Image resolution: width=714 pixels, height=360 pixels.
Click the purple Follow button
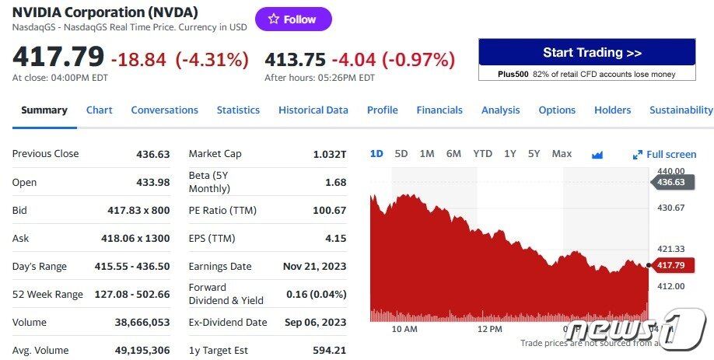point(293,19)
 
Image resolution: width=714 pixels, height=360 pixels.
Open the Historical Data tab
point(313,110)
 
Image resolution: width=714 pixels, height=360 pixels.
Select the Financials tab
point(439,110)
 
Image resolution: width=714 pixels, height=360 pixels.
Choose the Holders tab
point(612,110)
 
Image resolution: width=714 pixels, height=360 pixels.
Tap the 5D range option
point(401,154)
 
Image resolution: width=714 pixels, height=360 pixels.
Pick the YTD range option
point(482,154)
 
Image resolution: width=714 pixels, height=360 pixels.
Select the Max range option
point(562,154)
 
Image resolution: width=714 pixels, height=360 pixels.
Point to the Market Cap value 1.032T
point(329,154)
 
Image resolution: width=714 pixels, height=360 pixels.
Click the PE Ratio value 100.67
point(329,211)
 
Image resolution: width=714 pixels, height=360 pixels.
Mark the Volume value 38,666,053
point(142,323)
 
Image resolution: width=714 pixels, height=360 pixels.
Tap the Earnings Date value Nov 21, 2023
point(314,267)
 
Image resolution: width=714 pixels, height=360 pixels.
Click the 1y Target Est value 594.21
point(329,351)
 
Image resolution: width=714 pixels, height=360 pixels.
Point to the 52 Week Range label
point(47,295)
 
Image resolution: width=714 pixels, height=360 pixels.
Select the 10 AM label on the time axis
point(404,329)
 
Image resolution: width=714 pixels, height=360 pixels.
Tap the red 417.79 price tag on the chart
point(670,265)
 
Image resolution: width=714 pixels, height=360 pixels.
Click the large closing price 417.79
point(58,58)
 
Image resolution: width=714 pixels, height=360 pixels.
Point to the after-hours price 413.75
point(295,59)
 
